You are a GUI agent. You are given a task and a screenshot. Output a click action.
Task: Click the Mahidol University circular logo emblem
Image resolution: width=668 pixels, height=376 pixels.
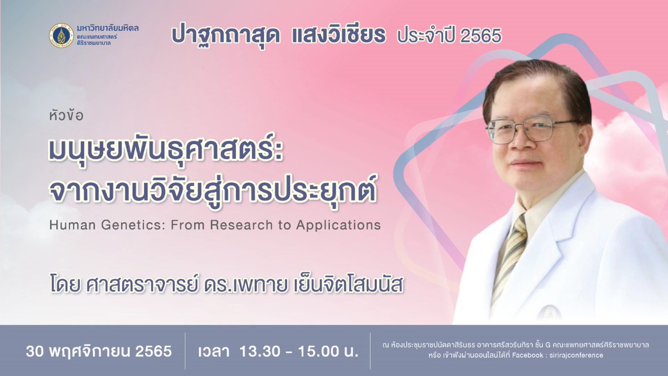61,36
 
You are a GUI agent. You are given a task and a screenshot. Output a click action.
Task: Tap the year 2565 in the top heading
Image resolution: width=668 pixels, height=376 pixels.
480,36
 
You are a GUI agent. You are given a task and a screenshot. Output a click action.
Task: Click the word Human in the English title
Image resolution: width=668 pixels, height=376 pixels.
72,225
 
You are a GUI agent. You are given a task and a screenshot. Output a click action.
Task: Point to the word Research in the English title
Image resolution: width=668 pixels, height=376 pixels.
241,225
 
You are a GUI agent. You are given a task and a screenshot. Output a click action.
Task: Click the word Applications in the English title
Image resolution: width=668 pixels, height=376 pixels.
339,226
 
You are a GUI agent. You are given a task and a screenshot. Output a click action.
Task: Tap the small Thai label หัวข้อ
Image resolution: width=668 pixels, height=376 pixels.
66,115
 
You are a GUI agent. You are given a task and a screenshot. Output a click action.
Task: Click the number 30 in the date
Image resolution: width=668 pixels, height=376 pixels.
35,351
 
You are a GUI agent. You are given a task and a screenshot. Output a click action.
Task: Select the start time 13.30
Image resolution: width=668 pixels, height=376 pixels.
260,351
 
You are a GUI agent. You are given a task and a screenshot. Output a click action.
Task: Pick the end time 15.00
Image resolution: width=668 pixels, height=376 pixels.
319,351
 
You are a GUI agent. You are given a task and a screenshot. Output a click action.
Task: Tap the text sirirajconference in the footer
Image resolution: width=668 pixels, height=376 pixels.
576,355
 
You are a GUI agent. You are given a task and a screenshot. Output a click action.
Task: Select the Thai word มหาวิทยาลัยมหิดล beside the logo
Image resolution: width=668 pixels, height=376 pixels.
108,28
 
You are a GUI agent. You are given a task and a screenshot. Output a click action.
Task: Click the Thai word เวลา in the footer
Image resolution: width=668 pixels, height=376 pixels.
214,352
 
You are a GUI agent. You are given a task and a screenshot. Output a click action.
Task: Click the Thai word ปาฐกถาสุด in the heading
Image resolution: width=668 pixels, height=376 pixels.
226,36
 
